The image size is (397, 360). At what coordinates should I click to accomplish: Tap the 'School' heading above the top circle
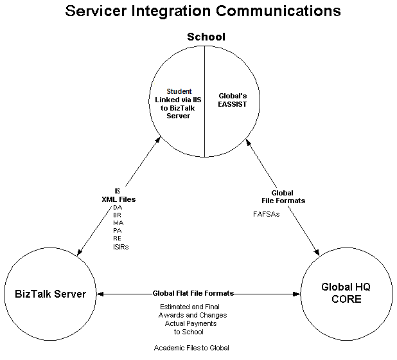point(206,37)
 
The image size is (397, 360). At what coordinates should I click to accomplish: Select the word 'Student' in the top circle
point(179,91)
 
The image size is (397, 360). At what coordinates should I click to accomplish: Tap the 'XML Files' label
point(117,199)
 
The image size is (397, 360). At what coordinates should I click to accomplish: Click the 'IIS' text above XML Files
point(117,191)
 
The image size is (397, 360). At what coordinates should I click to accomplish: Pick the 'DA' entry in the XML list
point(117,207)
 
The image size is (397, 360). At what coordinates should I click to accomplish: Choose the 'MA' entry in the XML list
point(117,222)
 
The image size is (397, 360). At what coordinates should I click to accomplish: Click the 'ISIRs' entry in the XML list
point(120,246)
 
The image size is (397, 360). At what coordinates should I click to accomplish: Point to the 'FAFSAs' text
point(266,214)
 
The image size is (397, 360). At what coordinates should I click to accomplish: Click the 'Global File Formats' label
point(282,197)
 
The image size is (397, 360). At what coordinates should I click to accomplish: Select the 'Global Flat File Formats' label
point(193,293)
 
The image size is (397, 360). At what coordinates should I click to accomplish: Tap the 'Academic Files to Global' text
point(191,348)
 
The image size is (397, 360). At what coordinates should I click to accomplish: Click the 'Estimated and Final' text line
point(192,307)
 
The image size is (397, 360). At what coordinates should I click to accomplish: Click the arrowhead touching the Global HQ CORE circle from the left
point(296,294)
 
